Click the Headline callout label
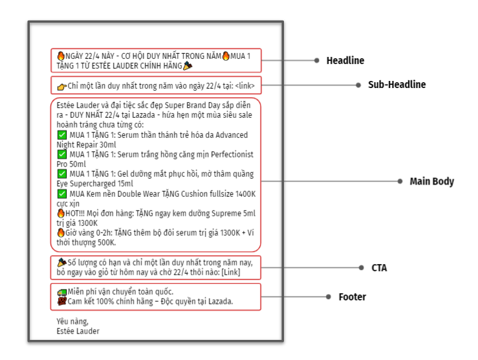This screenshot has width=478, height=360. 345,60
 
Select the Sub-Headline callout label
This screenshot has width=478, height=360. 397,85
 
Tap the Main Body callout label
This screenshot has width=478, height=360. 431,181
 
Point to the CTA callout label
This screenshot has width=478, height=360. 379,268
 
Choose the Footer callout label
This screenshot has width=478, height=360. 352,297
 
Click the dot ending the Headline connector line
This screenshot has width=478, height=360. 317,60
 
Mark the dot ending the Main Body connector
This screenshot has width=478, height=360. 400,181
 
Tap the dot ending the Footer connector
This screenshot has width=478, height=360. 329,297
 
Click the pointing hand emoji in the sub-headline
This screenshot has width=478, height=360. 62,87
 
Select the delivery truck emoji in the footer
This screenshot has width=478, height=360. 62,292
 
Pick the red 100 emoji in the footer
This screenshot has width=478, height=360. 62,302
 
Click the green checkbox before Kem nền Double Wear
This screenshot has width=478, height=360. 62,194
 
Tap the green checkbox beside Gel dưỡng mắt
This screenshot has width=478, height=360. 62,174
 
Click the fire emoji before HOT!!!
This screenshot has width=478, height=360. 61,213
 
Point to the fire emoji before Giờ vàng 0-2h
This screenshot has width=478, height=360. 61,232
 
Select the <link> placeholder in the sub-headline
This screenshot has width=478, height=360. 244,86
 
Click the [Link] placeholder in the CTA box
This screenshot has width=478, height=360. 231,272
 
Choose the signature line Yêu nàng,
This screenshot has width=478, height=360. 72,322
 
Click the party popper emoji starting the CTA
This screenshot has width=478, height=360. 62,262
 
